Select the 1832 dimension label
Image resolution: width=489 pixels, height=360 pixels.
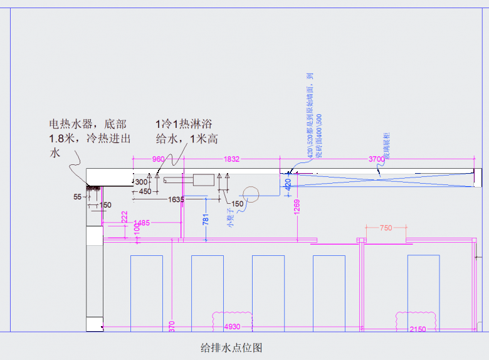(x=231, y=160)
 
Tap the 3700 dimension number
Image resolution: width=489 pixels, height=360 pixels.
(x=376, y=160)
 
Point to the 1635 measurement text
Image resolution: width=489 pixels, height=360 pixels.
(x=176, y=200)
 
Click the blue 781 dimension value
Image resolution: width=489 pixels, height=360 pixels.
(x=206, y=219)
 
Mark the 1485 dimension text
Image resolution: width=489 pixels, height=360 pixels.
(x=142, y=223)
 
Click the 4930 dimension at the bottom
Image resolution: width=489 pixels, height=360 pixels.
(x=232, y=327)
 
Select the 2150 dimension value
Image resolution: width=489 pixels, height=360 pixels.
(x=418, y=329)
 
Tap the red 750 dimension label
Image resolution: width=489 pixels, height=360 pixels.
(x=386, y=228)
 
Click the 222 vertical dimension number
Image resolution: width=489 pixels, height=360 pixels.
(x=125, y=216)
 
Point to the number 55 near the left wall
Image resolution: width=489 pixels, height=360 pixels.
(x=78, y=197)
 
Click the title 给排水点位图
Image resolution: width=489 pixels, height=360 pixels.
(x=231, y=347)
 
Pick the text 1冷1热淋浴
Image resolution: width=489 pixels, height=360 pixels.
(x=186, y=124)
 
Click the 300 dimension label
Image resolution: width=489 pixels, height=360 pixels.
(x=142, y=183)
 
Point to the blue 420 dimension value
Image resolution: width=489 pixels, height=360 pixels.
(x=288, y=184)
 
